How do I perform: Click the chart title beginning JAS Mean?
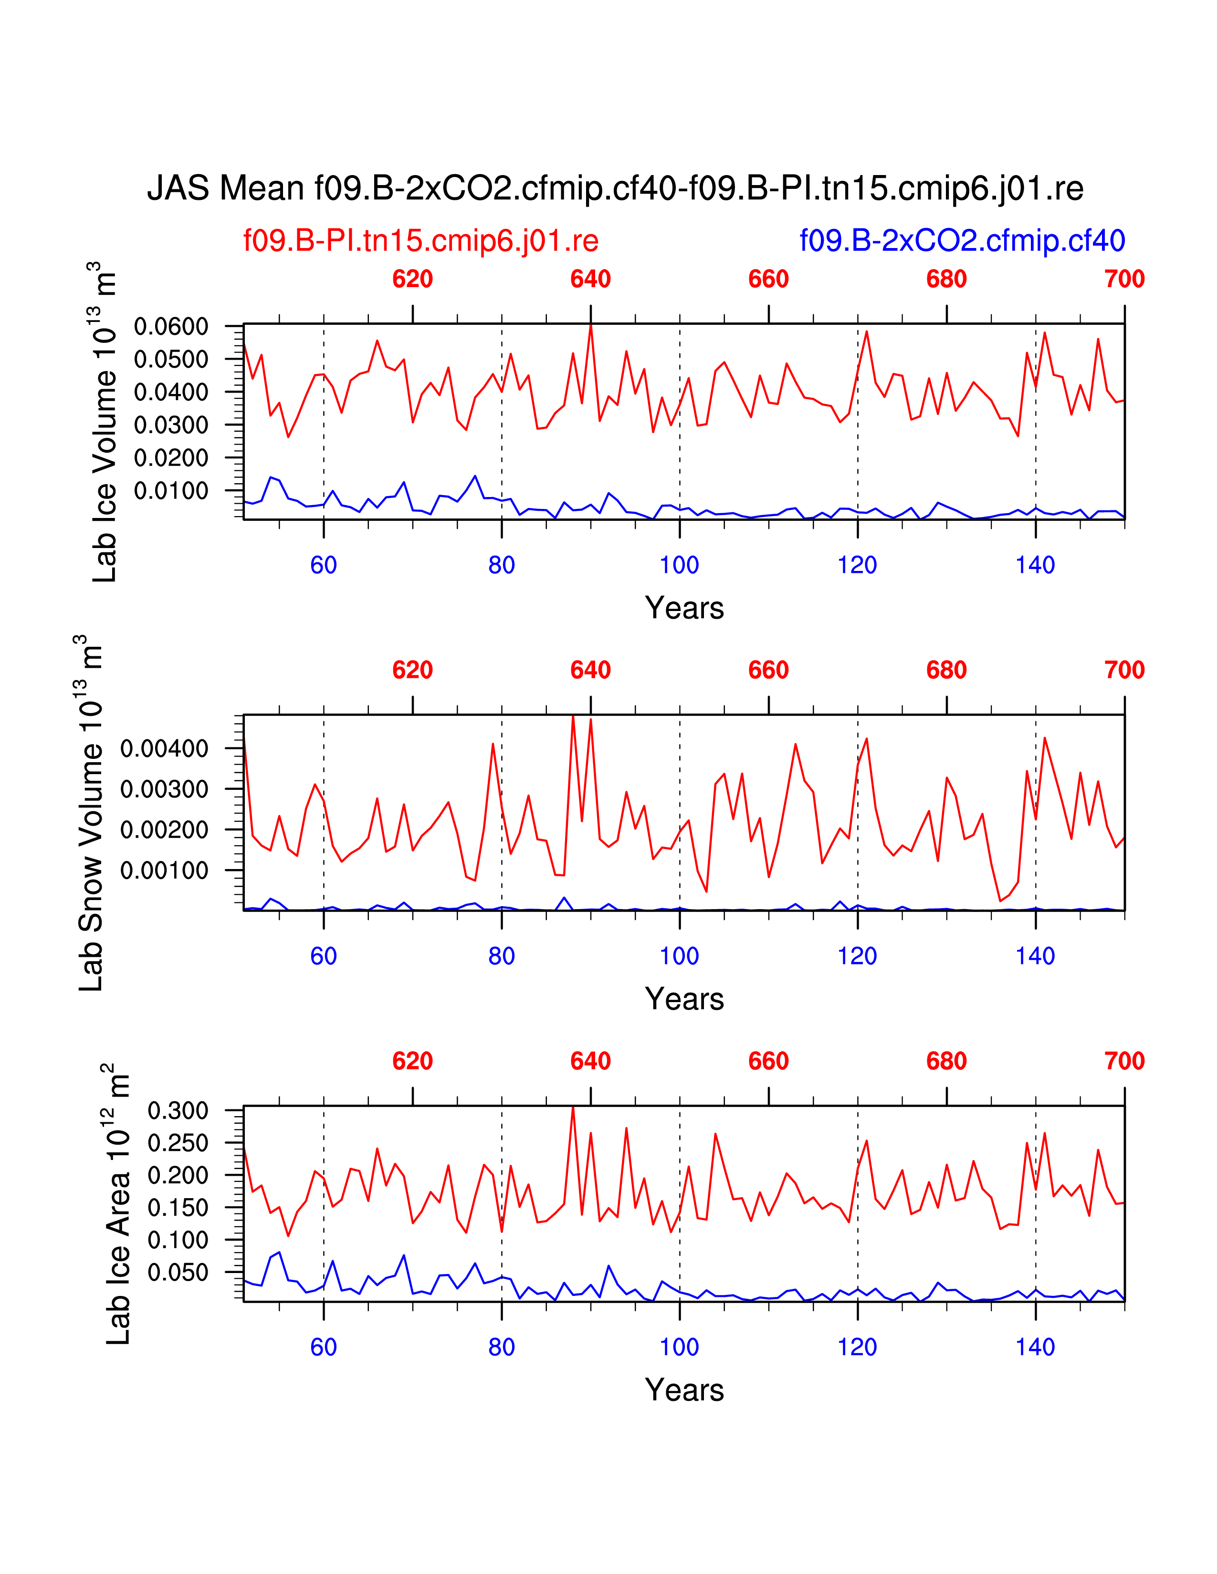(x=615, y=189)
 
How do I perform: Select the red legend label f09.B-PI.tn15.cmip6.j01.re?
(x=421, y=241)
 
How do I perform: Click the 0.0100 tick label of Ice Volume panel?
(x=171, y=491)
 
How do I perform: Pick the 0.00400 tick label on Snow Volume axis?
(x=164, y=749)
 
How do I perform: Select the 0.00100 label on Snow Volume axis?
(x=164, y=870)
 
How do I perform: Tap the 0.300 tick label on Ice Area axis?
(x=178, y=1110)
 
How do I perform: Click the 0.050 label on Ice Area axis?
(x=178, y=1273)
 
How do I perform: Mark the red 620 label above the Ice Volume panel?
(x=412, y=279)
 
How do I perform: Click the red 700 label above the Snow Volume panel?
(x=1124, y=670)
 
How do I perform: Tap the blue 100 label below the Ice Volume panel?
(x=679, y=565)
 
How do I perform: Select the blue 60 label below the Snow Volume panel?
(x=324, y=956)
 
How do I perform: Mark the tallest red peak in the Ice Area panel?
(x=573, y=1108)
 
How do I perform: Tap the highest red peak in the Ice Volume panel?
(x=590, y=326)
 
